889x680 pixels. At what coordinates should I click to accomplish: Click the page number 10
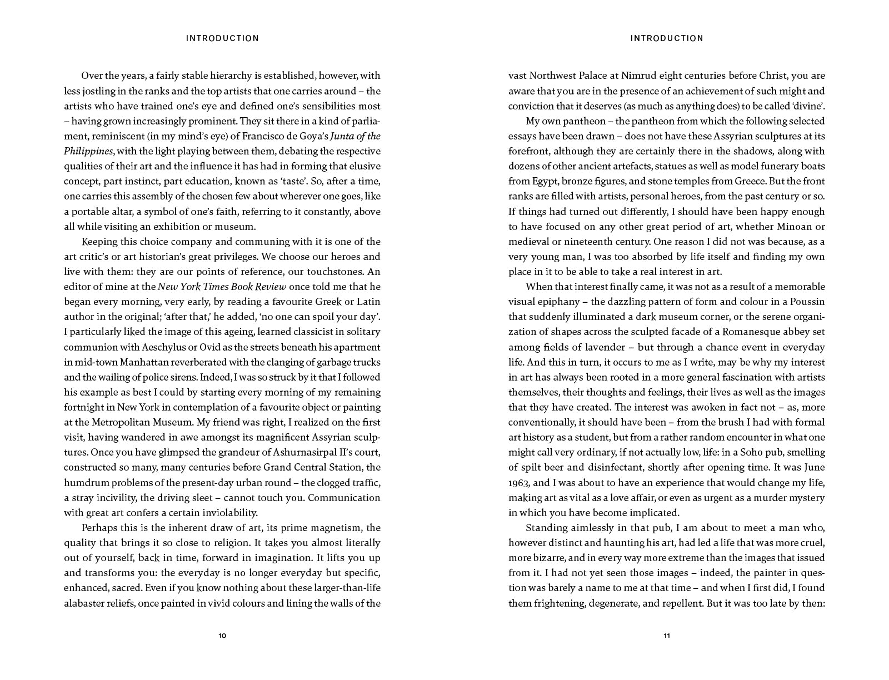222,636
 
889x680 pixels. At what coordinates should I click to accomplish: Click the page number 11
667,636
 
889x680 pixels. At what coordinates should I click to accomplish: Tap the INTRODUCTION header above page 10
222,38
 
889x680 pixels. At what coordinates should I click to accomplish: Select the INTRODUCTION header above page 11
667,38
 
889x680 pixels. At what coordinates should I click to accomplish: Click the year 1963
520,483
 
